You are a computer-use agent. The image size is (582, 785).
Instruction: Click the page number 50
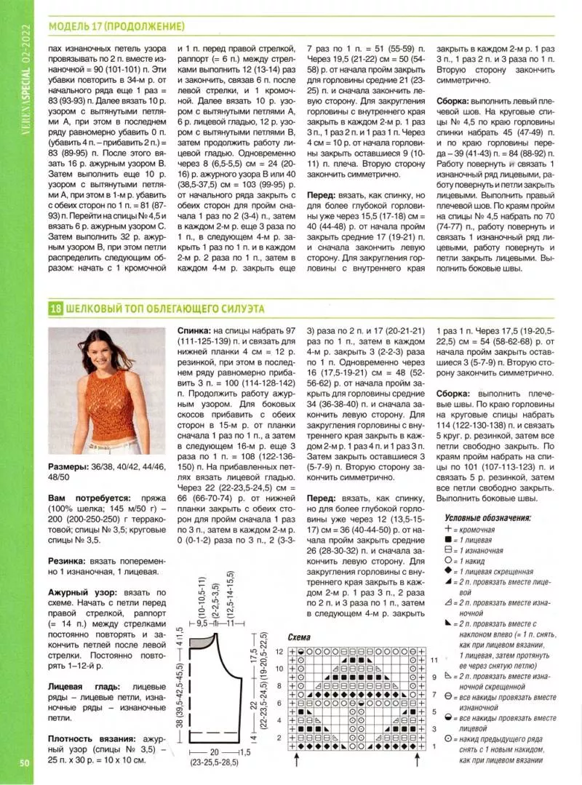pyautogui.click(x=24, y=762)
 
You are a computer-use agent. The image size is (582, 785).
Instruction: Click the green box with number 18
pyautogui.click(x=56, y=308)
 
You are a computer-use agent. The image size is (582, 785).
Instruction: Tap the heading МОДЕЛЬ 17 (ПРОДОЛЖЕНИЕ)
pyautogui.click(x=116, y=27)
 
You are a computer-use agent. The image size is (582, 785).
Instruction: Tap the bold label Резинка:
pyautogui.click(x=68, y=562)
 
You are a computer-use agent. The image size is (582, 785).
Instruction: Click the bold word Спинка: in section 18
pyautogui.click(x=194, y=330)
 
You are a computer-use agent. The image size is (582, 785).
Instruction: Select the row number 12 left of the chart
pyautogui.click(x=279, y=651)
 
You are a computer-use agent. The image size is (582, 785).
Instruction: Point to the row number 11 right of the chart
pyautogui.click(x=434, y=661)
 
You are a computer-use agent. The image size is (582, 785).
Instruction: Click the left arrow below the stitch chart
pyautogui.click(x=298, y=760)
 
